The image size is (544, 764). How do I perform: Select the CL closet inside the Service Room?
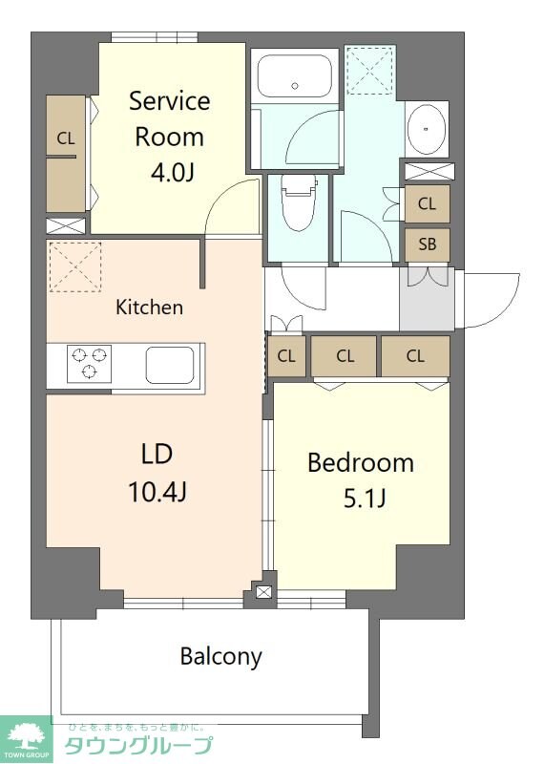(x=65, y=153)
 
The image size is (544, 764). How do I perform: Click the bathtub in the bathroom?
(x=293, y=74)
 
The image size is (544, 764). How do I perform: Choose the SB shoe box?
(x=427, y=244)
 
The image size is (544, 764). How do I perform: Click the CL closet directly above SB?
(x=427, y=203)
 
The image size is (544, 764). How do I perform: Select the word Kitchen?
(x=149, y=307)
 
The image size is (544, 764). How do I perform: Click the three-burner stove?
(x=89, y=364)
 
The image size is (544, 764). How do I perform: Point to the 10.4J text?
(x=157, y=492)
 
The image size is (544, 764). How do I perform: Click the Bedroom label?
(x=360, y=463)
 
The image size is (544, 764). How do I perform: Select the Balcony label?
(x=220, y=656)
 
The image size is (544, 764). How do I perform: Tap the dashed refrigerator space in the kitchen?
(x=75, y=265)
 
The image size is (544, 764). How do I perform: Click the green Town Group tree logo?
(x=26, y=738)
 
